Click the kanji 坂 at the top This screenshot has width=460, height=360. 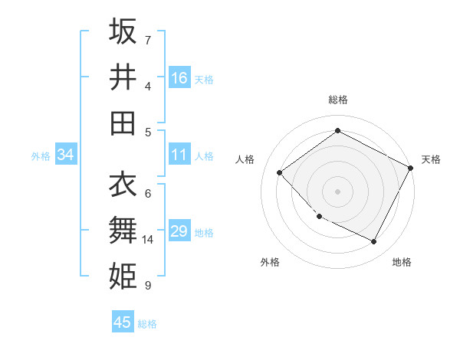pyautogui.click(x=123, y=31)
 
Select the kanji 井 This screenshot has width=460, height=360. pyautogui.click(x=123, y=77)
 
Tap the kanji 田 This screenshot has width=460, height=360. pyautogui.click(x=123, y=123)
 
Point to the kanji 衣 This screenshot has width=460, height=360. pyautogui.click(x=123, y=184)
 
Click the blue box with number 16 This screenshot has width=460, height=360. pyautogui.click(x=179, y=78)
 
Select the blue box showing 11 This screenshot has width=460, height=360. pyautogui.click(x=179, y=155)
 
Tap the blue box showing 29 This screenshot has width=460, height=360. pyautogui.click(x=179, y=231)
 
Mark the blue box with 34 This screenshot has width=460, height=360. pyautogui.click(x=66, y=155)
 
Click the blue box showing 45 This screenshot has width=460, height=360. pyautogui.click(x=123, y=322)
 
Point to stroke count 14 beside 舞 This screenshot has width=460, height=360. pyautogui.click(x=148, y=240)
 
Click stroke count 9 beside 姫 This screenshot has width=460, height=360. pyautogui.click(x=148, y=286)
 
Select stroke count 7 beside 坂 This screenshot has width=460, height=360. pyautogui.click(x=148, y=40)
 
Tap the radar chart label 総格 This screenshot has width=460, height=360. pyautogui.click(x=337, y=100)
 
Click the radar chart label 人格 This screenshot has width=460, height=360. pyautogui.click(x=245, y=159)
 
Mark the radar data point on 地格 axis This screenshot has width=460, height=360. pyautogui.click(x=374, y=242)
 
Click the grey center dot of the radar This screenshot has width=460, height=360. pyautogui.click(x=337, y=191)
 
